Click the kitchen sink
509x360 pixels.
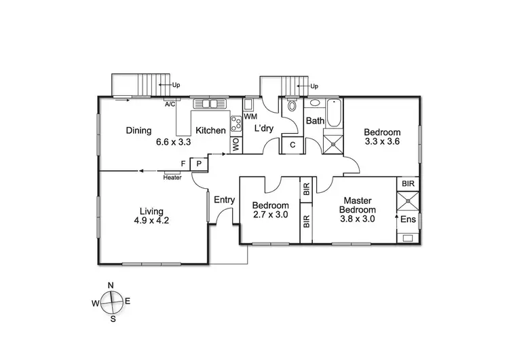210,104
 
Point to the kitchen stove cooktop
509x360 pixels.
237,124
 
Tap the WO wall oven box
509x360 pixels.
236,145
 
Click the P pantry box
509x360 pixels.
199,164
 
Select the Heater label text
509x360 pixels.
172,178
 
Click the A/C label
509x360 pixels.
170,105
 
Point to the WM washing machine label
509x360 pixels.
250,117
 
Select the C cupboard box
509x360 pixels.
293,145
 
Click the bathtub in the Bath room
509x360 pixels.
334,112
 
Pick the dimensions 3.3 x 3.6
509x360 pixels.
382,143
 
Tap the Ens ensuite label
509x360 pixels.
407,220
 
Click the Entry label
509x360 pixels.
224,200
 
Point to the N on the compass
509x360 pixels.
111,286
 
